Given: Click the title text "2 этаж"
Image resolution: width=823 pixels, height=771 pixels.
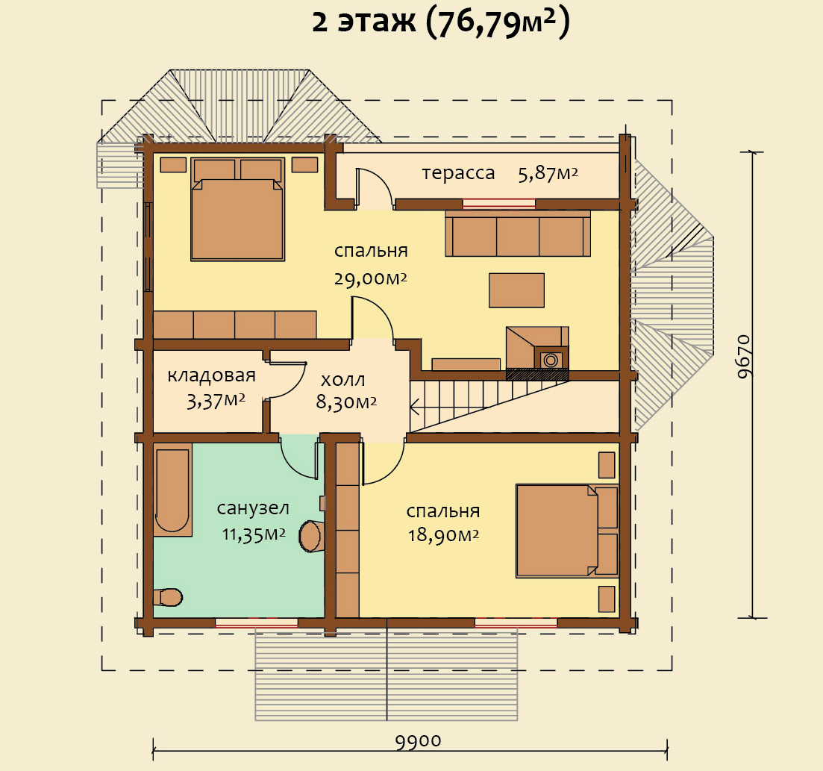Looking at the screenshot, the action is (x=363, y=22).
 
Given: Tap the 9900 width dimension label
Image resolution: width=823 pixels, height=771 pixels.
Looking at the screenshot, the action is (x=418, y=741).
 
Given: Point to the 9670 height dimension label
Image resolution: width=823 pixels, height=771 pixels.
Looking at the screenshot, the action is (x=744, y=357).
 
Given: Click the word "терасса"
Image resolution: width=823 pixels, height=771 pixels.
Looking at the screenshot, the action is (x=458, y=173).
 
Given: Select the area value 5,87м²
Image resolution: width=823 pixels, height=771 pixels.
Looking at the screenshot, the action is (x=548, y=173).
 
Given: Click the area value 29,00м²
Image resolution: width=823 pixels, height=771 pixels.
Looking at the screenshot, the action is (x=371, y=278).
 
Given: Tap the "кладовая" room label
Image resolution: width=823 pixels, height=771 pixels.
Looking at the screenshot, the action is (x=211, y=375).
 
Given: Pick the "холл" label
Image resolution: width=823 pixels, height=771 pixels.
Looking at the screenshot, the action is (x=342, y=379).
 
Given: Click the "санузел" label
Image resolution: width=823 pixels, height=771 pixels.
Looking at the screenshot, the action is (x=253, y=508).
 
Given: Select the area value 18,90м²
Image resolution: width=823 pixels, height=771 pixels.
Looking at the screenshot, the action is (x=443, y=535).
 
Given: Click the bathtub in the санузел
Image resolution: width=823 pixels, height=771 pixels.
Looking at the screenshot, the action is (x=172, y=490).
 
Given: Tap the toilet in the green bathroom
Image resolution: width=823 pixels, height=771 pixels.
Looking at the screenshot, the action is (x=168, y=596).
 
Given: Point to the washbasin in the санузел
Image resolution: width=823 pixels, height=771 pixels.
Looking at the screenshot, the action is (x=310, y=536).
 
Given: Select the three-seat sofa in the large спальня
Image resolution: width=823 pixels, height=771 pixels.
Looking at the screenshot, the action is (x=518, y=234).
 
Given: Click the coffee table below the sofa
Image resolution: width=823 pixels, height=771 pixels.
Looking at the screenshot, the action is (x=516, y=290).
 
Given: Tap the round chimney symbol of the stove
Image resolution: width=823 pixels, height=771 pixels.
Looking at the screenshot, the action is (x=551, y=360).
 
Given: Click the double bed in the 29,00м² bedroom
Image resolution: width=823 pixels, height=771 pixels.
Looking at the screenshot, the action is (x=238, y=209).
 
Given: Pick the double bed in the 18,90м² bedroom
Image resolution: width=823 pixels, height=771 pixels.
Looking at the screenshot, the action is (x=567, y=531).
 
